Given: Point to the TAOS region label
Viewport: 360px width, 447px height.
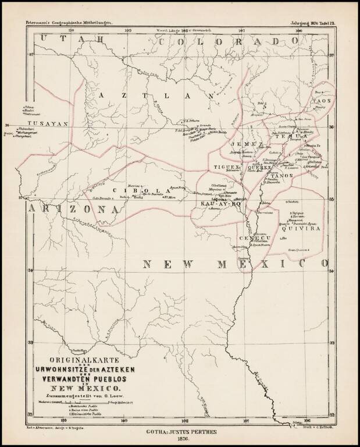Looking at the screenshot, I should pos(325,100).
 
